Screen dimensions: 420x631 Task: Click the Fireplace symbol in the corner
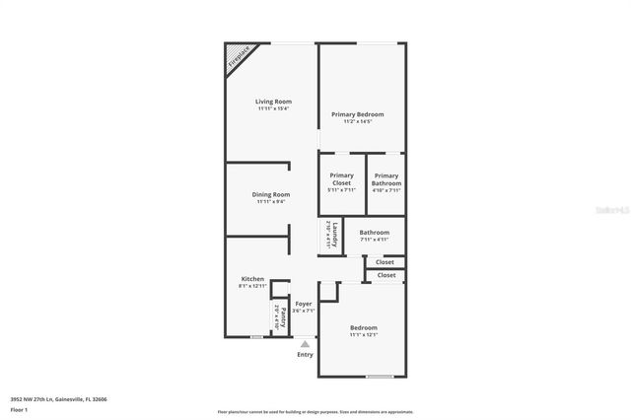tap(238, 55)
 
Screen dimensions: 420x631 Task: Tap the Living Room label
tap(273, 102)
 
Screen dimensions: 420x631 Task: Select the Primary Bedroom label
tap(357, 114)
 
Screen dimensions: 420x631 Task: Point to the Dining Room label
tap(270, 194)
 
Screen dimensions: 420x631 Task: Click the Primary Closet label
tap(341, 179)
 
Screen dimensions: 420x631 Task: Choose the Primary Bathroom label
tap(386, 179)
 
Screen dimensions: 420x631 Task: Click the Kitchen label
tap(252, 279)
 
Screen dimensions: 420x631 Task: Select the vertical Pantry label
tap(283, 318)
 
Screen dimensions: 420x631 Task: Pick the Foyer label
tap(304, 304)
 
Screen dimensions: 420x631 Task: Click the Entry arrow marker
tap(305, 344)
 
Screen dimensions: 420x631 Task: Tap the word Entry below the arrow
tap(305, 355)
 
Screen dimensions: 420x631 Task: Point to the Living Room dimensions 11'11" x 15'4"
tap(273, 108)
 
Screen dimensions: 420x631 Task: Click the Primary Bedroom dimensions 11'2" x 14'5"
tap(357, 121)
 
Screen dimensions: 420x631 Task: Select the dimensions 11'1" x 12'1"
tap(364, 334)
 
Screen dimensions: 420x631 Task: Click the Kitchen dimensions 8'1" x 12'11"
tap(252, 286)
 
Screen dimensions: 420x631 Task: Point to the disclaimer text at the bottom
tap(315, 412)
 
